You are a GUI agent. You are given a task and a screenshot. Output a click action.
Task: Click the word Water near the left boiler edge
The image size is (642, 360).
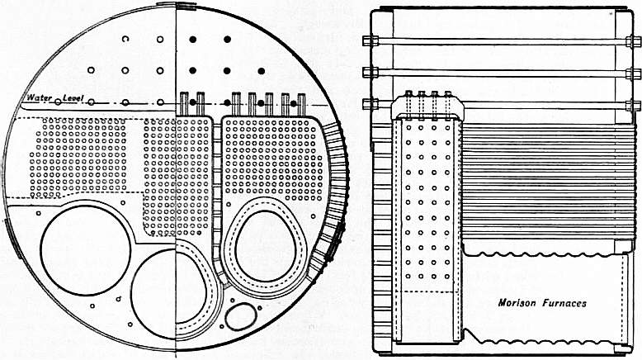pos(36,100)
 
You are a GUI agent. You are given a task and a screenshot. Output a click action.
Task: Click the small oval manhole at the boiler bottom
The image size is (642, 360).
pos(241,316)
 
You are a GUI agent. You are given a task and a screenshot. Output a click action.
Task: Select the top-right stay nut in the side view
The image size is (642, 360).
pos(633,40)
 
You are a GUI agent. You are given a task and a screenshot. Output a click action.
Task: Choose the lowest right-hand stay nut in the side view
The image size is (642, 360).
pos(633,104)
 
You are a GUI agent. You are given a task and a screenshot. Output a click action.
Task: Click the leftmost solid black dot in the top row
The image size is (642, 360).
pos(191,39)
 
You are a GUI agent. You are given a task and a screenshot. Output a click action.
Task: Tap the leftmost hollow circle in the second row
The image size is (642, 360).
pos(92,70)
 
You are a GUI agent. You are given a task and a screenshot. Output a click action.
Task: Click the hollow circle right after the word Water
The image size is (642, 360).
pos(58,102)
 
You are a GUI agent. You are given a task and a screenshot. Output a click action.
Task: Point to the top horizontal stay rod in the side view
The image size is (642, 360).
pos(500,40)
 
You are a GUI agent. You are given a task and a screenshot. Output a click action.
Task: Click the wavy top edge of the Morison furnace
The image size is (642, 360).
pos(545,249)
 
